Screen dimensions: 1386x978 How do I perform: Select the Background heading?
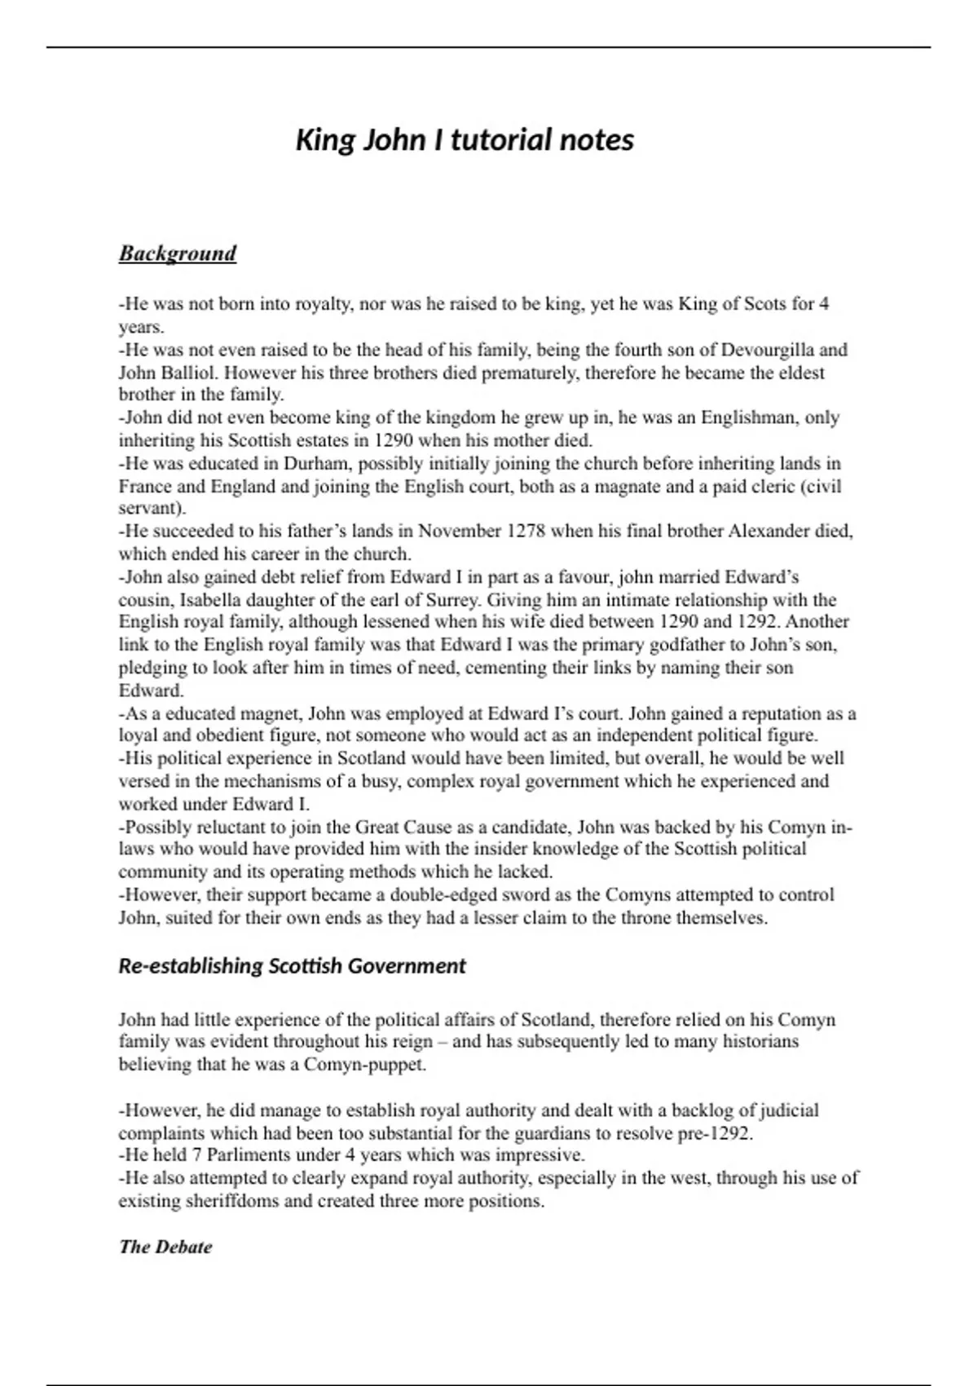178,254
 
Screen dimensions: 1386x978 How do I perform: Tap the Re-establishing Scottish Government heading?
292,966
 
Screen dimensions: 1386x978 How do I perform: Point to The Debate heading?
165,1247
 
